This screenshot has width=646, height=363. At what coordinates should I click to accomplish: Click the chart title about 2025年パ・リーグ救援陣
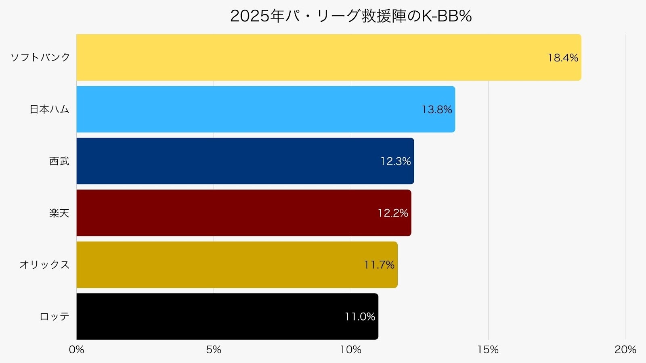(350, 16)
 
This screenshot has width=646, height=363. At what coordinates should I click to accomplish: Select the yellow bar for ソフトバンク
(307, 57)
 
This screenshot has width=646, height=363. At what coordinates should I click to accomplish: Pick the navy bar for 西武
(226, 161)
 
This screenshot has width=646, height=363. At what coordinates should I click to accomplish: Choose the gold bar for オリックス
(218, 265)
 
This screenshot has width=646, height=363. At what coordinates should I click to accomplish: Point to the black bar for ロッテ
(210, 316)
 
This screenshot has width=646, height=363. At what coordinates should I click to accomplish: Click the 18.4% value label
(563, 58)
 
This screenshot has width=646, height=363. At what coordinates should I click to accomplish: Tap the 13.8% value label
(437, 110)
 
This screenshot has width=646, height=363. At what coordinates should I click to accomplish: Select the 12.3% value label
(396, 161)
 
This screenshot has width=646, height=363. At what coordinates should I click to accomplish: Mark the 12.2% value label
(393, 213)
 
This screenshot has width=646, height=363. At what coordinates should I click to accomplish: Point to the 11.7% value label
(379, 265)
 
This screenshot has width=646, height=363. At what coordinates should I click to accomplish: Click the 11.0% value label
(360, 317)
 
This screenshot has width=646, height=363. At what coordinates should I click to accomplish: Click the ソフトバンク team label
(40, 57)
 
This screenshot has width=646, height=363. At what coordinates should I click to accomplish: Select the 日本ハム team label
(49, 109)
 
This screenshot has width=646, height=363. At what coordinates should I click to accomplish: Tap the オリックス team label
(44, 265)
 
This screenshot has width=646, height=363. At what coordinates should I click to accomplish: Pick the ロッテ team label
(54, 317)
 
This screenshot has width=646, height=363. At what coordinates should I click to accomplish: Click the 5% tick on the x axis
(214, 350)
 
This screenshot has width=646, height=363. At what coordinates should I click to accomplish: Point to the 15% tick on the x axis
(488, 350)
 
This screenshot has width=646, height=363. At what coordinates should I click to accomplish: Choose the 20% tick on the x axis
(625, 350)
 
